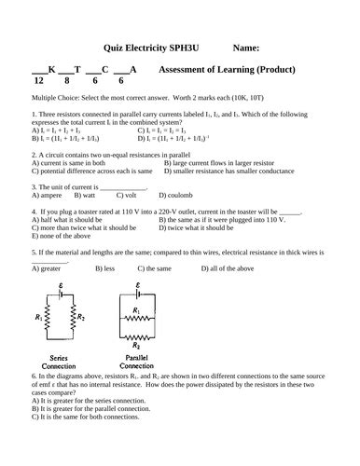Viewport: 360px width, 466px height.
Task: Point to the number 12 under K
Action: [x=37, y=81]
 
